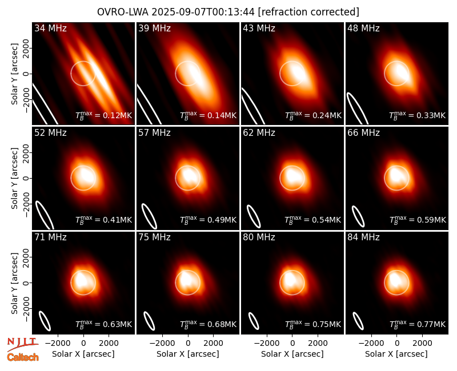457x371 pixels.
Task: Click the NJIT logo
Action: [x=22, y=344]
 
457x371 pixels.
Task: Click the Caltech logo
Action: [x=23, y=357]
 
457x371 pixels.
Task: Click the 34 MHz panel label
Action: [x=50, y=28]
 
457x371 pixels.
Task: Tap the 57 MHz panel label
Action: [x=154, y=133]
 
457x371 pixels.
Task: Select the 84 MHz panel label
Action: [x=363, y=237]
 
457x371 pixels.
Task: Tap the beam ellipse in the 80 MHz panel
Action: [x=254, y=321]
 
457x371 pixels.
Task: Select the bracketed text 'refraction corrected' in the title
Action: [x=308, y=12]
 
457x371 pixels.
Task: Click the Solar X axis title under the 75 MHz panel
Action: [x=188, y=354]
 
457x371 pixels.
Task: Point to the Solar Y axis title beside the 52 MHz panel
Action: [x=15, y=178]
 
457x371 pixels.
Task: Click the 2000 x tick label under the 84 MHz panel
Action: [x=422, y=344]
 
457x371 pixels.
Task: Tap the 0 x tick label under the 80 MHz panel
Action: [x=292, y=344]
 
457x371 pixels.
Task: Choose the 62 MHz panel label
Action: [x=259, y=133]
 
